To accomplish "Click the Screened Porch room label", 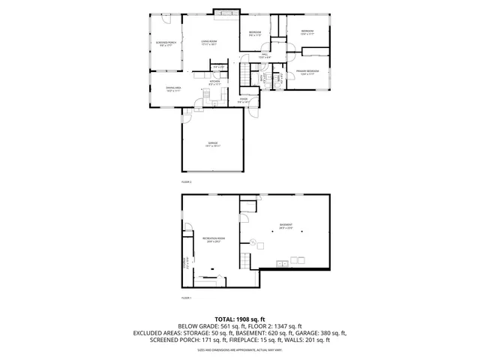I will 166,43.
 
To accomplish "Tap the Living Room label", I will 208,41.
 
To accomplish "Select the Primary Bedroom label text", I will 307,71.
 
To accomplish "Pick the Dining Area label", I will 163,88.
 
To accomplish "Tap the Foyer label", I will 244,99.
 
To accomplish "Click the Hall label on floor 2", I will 265,55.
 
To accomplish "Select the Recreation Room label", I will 212,238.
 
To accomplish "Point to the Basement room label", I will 286,224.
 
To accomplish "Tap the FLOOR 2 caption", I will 187,182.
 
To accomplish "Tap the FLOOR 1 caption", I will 187,298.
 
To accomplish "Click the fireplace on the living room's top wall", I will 226,13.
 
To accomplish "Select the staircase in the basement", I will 244,260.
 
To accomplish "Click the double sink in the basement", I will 283,262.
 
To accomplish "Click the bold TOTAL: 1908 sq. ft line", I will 240,319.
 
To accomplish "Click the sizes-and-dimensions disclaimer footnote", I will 240,349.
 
